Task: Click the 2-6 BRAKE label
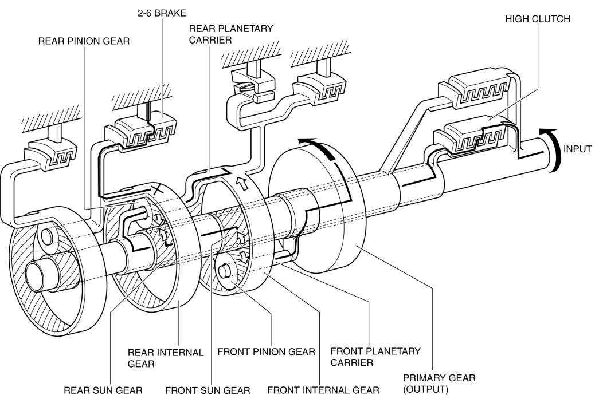tap(162, 13)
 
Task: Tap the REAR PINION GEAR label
tap(84, 41)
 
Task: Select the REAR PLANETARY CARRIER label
tap(230, 34)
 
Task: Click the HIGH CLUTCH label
tap(537, 19)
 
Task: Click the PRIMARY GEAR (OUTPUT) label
tap(439, 384)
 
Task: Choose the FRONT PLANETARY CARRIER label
tap(375, 357)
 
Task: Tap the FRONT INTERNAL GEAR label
tap(323, 390)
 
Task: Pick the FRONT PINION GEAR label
tap(266, 351)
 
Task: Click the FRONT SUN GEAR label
tap(208, 390)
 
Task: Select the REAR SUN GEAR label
tap(103, 390)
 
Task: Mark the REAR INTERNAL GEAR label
tap(166, 358)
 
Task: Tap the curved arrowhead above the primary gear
tap(307, 142)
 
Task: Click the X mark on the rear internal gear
tap(158, 189)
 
